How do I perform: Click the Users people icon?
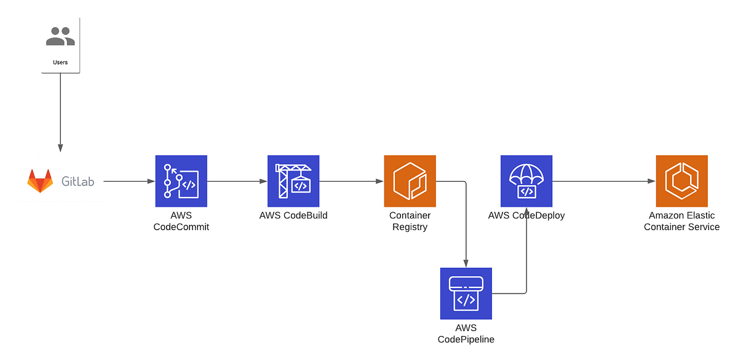[x=60, y=36]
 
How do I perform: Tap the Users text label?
[x=60, y=62]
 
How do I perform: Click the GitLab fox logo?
[x=40, y=182]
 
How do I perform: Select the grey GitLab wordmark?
[x=78, y=182]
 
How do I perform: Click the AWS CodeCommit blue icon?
[x=181, y=181]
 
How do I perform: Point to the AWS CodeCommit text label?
[x=181, y=221]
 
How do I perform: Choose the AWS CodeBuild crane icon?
[x=293, y=181]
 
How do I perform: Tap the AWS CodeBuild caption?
[x=293, y=215]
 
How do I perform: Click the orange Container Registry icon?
[x=410, y=181]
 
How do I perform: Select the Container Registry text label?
[x=410, y=221]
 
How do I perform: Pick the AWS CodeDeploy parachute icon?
[x=526, y=181]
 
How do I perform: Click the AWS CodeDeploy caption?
[x=526, y=215]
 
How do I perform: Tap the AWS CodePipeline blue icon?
[x=466, y=294]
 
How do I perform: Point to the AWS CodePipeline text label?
[x=466, y=334]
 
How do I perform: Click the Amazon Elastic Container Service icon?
[x=681, y=181]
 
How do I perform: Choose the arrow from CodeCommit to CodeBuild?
[x=237, y=182]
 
